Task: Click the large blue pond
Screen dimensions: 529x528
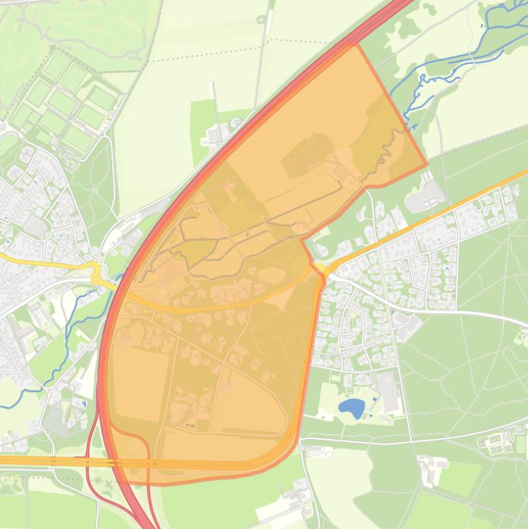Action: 352,408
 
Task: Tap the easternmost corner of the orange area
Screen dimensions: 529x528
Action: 426,164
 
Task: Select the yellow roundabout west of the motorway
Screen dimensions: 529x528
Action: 96,270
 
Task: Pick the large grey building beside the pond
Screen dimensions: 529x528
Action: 387,394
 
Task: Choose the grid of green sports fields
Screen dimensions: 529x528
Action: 65,103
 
